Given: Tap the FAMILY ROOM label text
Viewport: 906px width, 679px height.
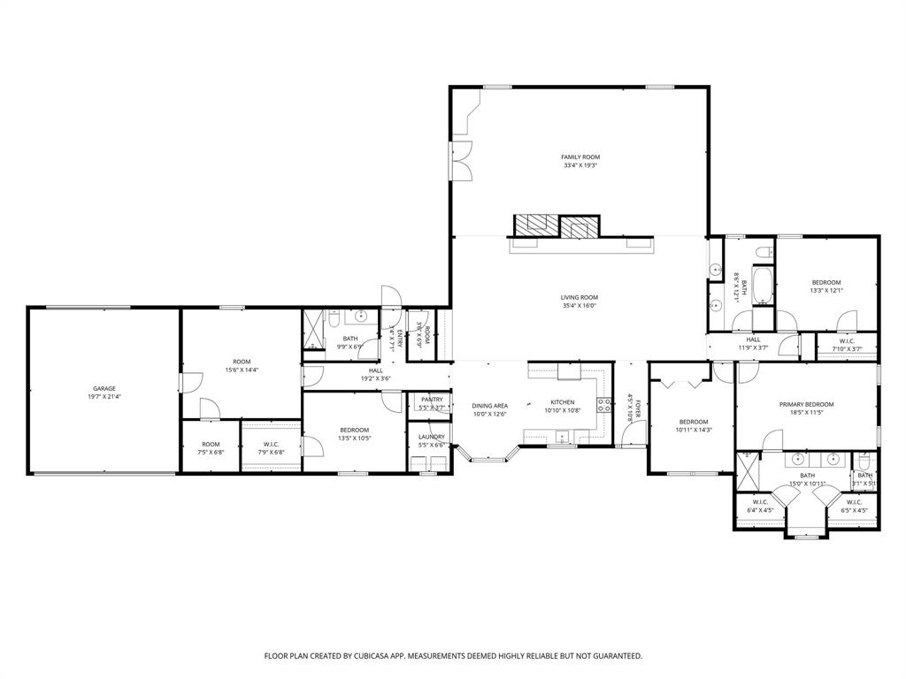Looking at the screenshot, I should click(x=580, y=156).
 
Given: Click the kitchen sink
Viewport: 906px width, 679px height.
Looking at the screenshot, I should click(x=562, y=435).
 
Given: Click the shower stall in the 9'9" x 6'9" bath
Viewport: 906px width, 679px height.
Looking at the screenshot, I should click(x=313, y=332).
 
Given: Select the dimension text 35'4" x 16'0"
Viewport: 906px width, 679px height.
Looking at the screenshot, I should click(x=580, y=306).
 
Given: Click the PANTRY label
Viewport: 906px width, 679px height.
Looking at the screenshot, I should click(x=432, y=400).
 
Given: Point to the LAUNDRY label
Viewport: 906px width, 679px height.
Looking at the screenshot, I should click(x=432, y=437).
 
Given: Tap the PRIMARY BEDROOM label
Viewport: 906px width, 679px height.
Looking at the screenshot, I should click(x=806, y=404).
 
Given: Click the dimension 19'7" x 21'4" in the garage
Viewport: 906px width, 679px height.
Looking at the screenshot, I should click(x=104, y=397).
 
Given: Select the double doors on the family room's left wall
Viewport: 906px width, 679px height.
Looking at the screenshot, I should click(x=460, y=159).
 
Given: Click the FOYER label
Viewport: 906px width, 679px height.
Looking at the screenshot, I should click(x=637, y=407).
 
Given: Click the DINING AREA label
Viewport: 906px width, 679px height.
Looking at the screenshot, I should click(x=489, y=405).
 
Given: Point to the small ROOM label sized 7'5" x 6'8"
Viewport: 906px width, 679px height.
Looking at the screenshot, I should click(x=211, y=444).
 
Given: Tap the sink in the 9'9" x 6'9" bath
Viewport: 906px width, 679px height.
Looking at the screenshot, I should click(x=361, y=316).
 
